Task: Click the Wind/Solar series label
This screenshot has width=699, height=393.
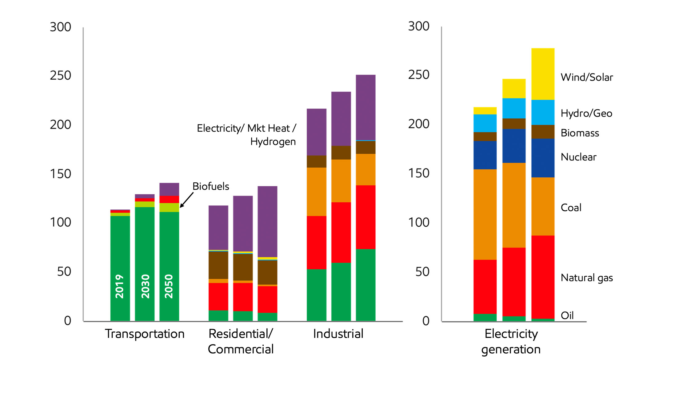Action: pos(586,77)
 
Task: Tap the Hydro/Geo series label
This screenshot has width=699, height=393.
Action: pos(586,113)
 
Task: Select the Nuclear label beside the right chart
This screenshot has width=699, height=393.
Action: pos(578,157)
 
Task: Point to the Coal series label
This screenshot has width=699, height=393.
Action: pos(571,208)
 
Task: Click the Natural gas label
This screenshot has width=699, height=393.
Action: pos(586,278)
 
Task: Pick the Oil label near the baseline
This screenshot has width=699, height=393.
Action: pos(567,316)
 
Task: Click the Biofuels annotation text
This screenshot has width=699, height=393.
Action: pos(211,186)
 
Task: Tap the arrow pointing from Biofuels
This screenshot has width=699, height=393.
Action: pos(186,200)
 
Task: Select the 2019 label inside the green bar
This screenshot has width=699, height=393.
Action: pos(120,286)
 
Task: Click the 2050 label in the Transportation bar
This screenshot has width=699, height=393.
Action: pos(169,286)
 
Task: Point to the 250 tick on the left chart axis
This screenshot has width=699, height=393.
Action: pos(61,76)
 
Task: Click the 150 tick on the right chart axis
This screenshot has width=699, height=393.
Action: pos(419,173)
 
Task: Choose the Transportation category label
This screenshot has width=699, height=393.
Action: pos(145,334)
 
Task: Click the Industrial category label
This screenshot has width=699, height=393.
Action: pos(338,334)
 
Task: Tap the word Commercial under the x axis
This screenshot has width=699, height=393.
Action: pos(241,349)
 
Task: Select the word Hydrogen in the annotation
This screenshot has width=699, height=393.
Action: pos(273,142)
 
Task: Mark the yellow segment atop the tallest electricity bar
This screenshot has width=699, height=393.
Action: pos(543,74)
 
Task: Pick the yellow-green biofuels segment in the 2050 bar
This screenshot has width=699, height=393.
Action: pos(169,207)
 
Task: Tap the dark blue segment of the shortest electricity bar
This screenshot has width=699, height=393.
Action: pos(485,155)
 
